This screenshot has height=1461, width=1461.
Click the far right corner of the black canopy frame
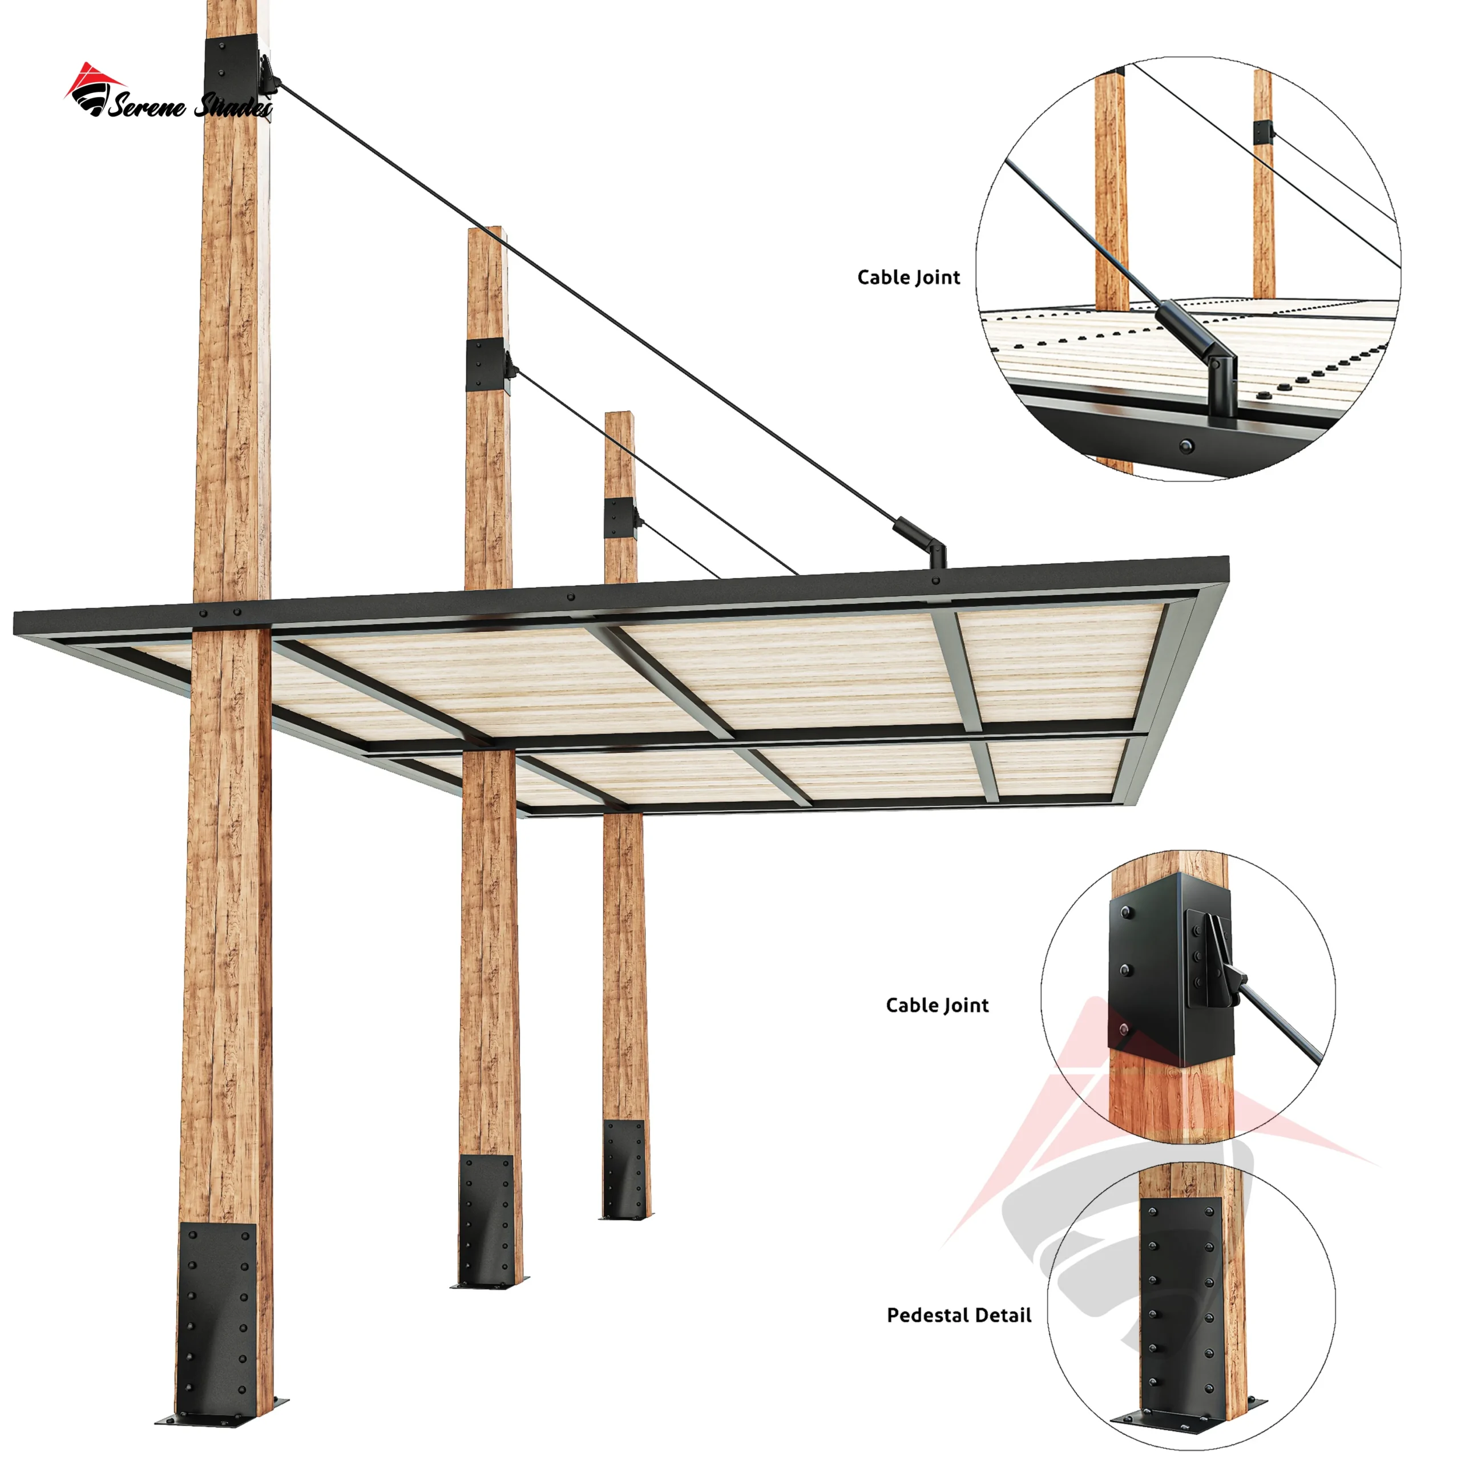click(x=1228, y=559)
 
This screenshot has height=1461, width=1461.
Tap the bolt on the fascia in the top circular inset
click(x=1185, y=445)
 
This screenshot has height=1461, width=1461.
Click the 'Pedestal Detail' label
click(x=959, y=1315)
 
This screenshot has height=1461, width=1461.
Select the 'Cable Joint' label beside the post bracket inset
click(x=937, y=1005)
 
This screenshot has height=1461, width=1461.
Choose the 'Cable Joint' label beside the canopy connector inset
click(x=908, y=277)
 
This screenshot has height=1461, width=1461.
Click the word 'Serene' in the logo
click(x=147, y=106)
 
